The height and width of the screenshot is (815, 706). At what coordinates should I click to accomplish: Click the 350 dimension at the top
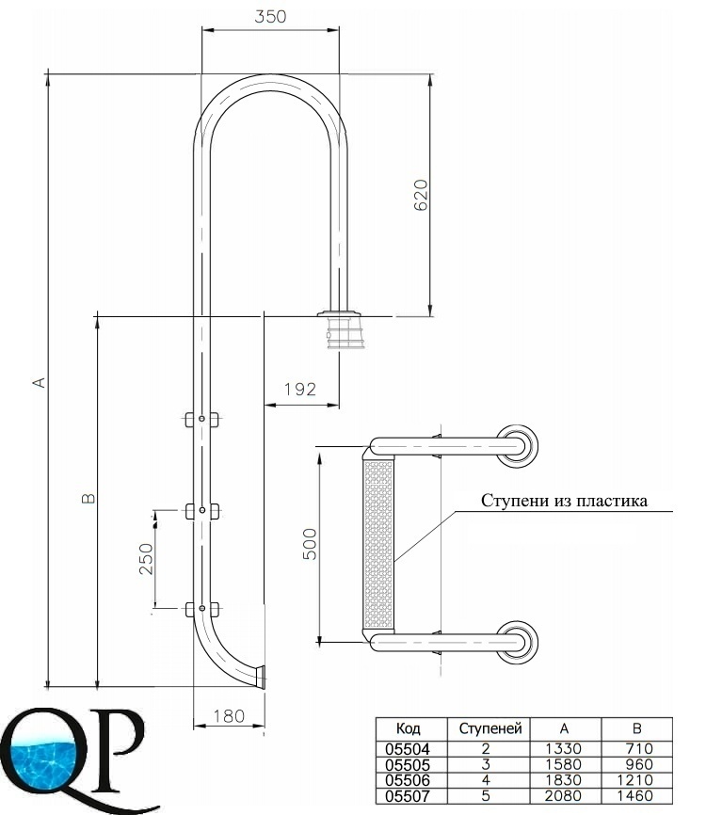(270, 17)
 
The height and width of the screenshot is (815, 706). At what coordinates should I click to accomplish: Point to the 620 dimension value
(421, 195)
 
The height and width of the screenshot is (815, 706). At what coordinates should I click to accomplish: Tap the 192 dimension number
(300, 389)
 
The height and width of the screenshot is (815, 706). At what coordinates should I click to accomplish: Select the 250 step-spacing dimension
(147, 559)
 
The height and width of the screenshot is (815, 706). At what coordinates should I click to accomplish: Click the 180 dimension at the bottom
(229, 716)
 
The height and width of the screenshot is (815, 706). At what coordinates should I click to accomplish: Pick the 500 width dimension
(310, 544)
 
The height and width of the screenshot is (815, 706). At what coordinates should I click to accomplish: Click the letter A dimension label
(40, 382)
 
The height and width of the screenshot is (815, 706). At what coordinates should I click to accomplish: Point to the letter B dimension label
(88, 499)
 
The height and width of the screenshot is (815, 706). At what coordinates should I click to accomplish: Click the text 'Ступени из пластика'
(564, 501)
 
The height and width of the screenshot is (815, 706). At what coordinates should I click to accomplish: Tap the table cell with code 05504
(408, 749)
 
